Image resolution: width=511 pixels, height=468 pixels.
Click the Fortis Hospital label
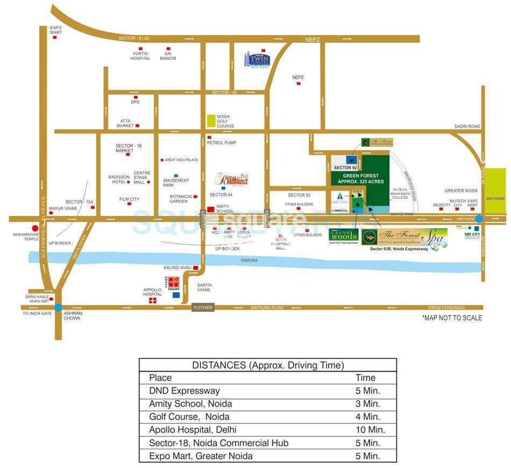(140, 56)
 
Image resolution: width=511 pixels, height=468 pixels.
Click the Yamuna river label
(249, 261)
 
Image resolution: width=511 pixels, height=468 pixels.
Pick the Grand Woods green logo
(343, 235)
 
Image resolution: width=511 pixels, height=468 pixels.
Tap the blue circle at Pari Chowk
(479, 219)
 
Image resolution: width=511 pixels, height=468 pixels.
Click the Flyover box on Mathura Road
(203, 308)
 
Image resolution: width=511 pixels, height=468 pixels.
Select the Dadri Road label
(467, 127)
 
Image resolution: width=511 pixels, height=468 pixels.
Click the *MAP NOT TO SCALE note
(452, 318)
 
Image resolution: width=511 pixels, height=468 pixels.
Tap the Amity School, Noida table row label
(191, 404)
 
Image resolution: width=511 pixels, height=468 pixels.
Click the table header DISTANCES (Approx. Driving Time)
(267, 365)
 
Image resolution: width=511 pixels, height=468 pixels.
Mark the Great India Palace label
(181, 160)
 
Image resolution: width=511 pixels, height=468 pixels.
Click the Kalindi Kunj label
(178, 267)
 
